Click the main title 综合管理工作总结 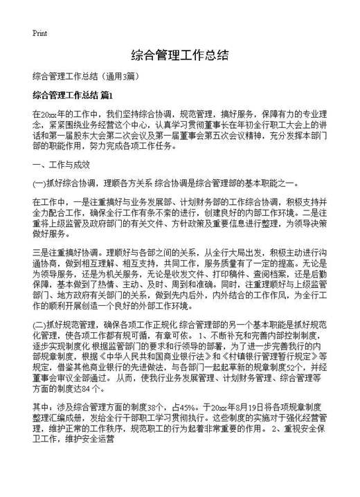click(179, 55)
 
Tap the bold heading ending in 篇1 click(72, 94)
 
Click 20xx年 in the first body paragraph click(53, 112)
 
